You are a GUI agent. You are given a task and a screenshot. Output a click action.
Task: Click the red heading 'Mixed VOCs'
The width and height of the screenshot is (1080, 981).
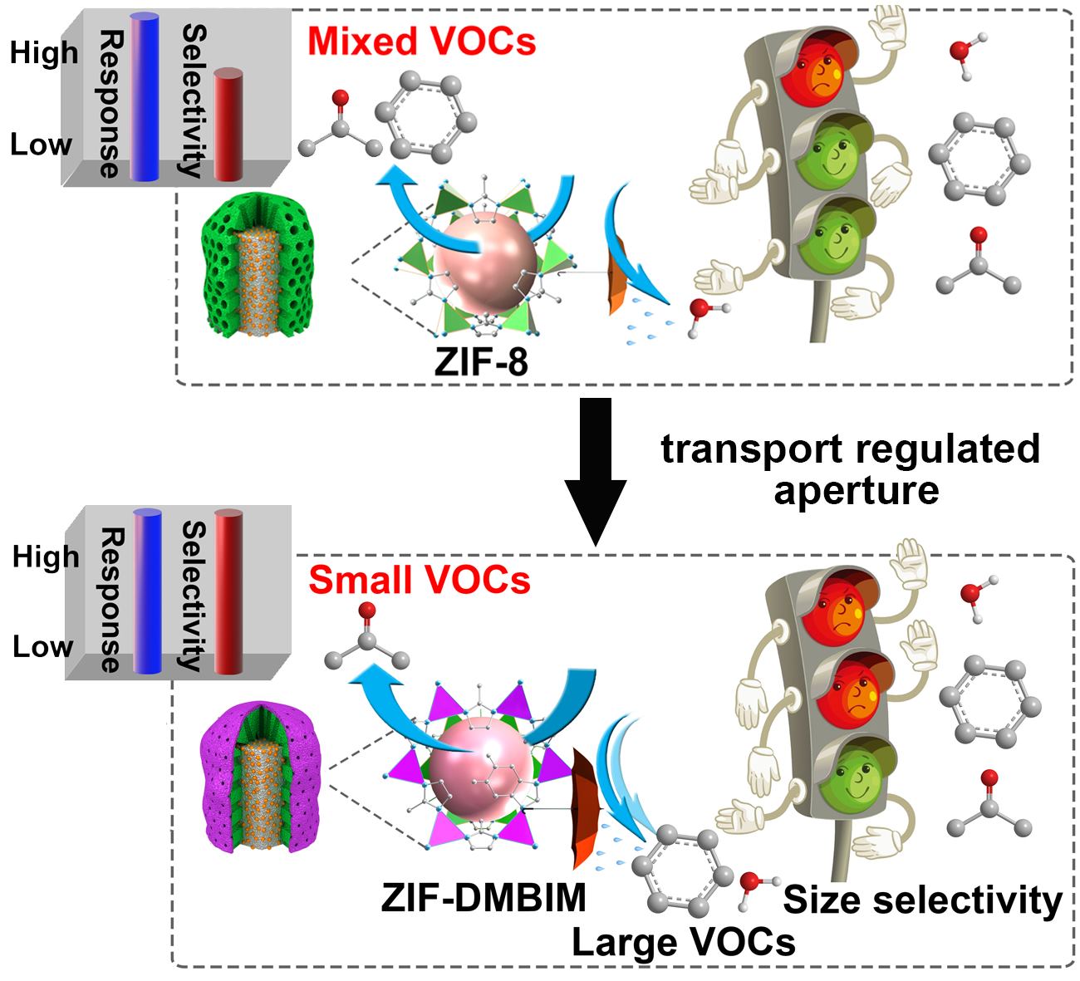[x=422, y=39]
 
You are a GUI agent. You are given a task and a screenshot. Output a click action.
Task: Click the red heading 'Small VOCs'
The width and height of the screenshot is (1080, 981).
[x=420, y=579]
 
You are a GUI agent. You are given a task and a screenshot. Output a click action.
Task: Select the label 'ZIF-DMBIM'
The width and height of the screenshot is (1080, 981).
[x=484, y=898]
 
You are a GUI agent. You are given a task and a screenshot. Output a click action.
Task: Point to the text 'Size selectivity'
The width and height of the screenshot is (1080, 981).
[x=922, y=900]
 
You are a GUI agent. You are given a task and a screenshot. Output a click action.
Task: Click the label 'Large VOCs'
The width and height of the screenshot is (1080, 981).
[x=683, y=941]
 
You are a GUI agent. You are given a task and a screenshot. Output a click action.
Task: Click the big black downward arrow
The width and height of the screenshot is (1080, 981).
[x=594, y=469]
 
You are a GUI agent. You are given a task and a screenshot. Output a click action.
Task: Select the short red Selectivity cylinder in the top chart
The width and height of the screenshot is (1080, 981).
[x=227, y=125]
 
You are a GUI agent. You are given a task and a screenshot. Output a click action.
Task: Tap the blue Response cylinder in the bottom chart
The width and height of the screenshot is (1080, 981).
[x=146, y=591]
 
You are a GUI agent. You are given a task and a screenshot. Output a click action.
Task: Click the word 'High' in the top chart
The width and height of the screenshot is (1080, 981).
[x=43, y=52]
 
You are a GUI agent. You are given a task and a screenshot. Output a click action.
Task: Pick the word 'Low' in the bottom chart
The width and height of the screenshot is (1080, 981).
[x=42, y=646]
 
